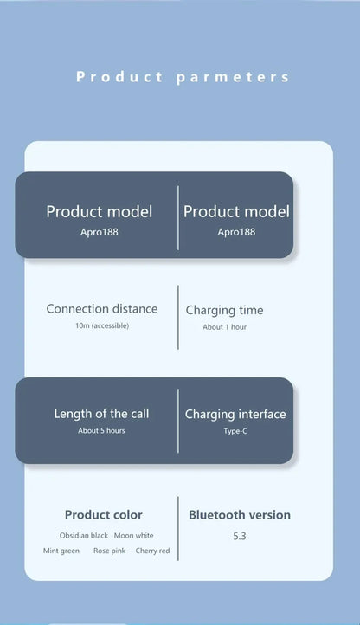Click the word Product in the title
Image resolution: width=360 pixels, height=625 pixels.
[119, 76]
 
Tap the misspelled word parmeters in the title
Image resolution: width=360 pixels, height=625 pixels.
[233, 77]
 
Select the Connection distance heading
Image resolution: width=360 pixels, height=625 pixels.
[102, 308]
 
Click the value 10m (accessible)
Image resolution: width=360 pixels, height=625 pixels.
[102, 325]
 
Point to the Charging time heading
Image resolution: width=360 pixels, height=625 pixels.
[224, 311]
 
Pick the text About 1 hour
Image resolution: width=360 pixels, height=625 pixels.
[224, 327]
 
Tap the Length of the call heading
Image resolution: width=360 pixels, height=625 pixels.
[101, 414]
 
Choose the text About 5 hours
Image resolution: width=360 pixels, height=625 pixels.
[101, 430]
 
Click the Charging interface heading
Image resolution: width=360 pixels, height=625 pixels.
[235, 415]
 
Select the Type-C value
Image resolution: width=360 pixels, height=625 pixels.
[235, 431]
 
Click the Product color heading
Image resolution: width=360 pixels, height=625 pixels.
[104, 514]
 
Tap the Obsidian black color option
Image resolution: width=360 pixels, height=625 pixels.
[84, 535]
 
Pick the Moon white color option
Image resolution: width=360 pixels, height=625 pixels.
[133, 535]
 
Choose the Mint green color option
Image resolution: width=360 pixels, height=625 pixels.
[61, 551]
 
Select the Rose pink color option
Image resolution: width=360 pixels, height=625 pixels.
[109, 551]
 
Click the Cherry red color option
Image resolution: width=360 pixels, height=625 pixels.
[152, 551]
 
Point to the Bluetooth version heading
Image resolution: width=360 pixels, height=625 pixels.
[240, 514]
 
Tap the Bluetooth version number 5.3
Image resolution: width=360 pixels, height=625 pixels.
[240, 536]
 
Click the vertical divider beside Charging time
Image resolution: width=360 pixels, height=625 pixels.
[177, 318]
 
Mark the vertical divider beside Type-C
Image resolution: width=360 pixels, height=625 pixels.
[177, 421]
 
